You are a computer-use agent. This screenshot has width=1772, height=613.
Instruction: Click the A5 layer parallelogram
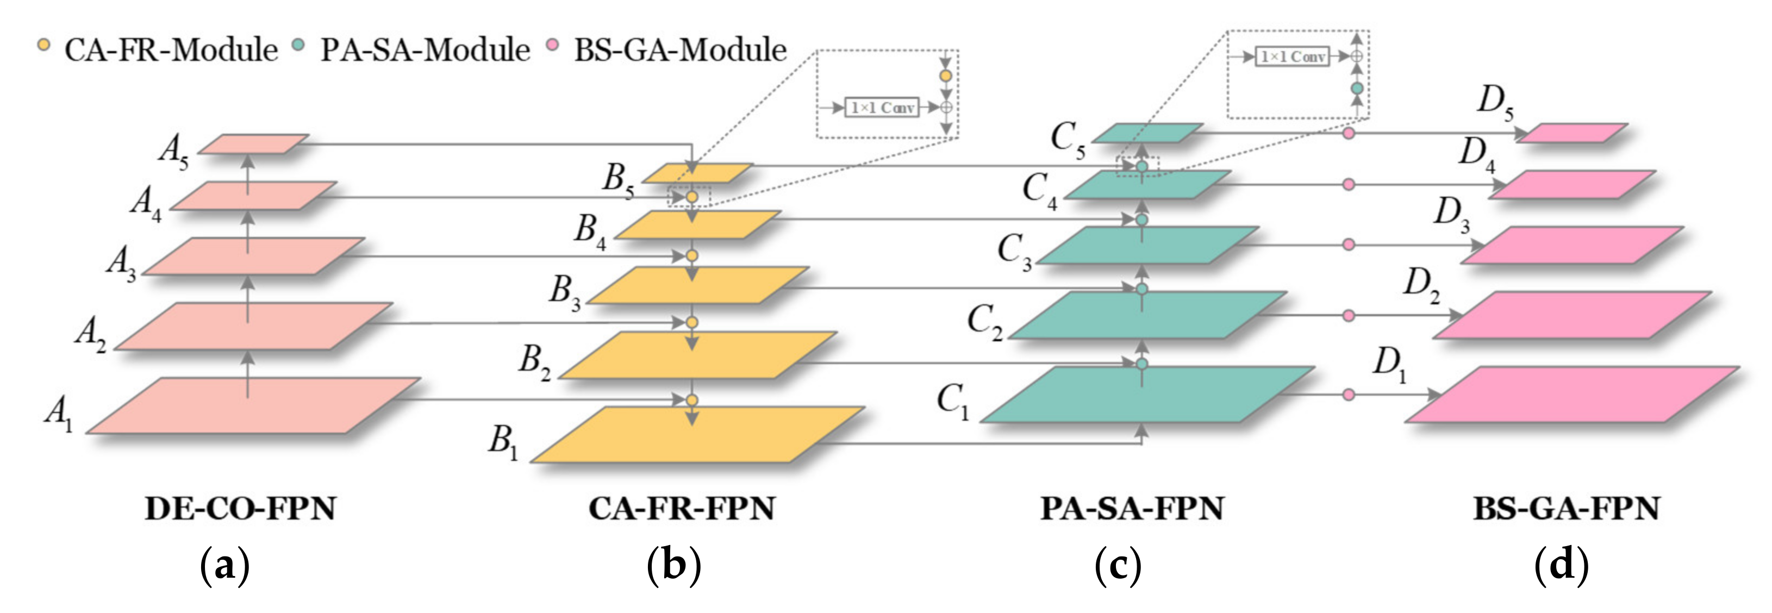point(253,144)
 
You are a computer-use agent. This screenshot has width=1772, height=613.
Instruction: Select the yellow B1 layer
point(698,435)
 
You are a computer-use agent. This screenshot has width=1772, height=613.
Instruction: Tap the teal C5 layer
point(1147,133)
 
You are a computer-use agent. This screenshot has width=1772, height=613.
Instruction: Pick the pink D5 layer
point(1572,133)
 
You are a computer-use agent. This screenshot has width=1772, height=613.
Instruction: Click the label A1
point(59,415)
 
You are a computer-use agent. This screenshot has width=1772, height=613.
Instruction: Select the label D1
point(1389,365)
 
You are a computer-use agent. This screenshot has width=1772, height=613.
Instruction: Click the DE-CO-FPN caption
point(240,509)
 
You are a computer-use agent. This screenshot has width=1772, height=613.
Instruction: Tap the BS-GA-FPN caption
point(1567,509)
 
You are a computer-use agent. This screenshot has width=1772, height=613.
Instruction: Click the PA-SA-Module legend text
point(425,50)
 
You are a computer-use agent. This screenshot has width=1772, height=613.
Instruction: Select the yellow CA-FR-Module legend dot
point(44,46)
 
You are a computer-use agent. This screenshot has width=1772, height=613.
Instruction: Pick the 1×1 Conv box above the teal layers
point(1292,57)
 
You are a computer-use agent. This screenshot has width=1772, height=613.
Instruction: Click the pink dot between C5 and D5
point(1348,133)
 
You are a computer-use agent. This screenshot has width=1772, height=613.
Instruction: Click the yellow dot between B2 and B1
point(692,400)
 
